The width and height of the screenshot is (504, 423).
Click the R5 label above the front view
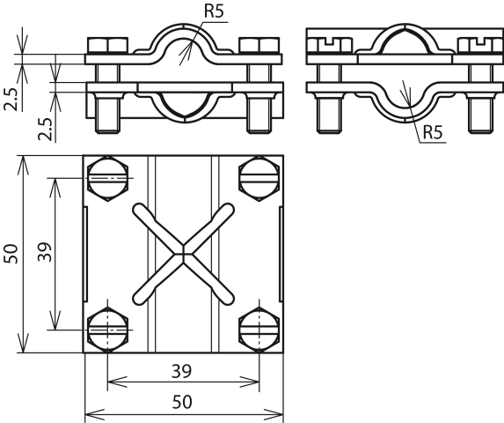(214, 11)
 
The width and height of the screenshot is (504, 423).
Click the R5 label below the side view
(433, 132)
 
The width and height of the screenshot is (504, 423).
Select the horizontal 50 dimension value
(182, 402)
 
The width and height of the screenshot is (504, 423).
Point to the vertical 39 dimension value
(45, 252)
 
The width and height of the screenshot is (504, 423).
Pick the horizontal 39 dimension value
(181, 371)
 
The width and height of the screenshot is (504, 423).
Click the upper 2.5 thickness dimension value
(11, 100)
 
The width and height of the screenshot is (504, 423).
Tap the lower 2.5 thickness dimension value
(45, 129)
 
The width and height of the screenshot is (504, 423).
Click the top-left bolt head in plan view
(107, 179)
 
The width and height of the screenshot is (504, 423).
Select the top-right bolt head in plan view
(259, 179)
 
